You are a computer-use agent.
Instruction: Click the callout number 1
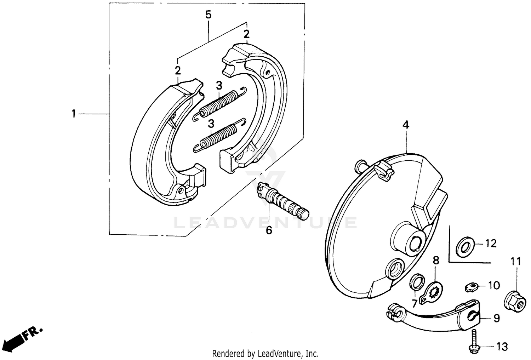(73, 114)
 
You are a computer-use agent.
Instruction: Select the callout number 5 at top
(208, 15)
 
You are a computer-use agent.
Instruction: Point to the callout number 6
(269, 230)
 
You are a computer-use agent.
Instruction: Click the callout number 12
(491, 244)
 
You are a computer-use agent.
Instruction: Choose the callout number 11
(515, 262)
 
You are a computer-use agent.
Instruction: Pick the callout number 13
(502, 347)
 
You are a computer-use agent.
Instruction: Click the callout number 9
(497, 319)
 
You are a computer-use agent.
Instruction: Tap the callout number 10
(494, 285)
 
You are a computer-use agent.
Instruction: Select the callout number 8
(436, 261)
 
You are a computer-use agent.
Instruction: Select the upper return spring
(220, 103)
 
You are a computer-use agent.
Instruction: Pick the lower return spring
(219, 136)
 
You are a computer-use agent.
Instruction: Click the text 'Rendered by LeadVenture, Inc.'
(265, 353)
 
